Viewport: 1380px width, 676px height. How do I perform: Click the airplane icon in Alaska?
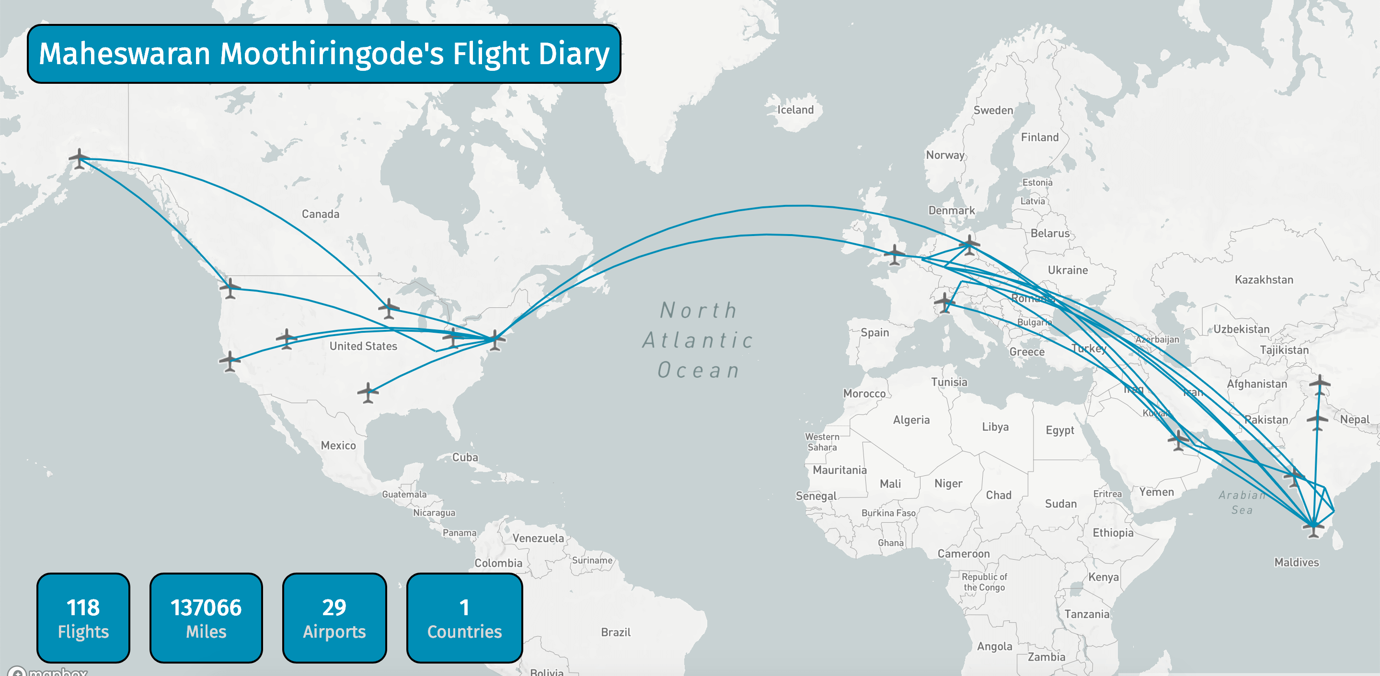pos(79,159)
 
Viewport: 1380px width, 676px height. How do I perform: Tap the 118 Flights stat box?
pos(83,618)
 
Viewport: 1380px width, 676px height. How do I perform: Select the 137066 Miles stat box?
pos(206,618)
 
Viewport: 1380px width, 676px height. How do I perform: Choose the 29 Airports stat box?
pos(334,618)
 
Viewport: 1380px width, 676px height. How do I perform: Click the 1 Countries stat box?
pos(464,618)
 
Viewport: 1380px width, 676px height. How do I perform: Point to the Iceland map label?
pos(795,110)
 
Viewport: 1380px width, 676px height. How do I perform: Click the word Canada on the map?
pos(321,214)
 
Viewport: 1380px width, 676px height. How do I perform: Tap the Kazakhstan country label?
pos(1263,280)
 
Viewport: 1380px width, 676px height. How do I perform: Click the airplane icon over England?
pos(894,254)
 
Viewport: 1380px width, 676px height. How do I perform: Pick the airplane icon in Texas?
pos(368,392)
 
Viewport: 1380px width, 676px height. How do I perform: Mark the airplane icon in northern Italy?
pos(944,303)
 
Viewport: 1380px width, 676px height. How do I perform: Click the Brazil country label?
pos(616,632)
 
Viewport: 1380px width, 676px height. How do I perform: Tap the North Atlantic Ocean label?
pos(699,340)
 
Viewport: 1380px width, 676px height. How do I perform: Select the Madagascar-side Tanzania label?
pos(1086,614)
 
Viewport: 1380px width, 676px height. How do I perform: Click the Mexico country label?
pos(338,445)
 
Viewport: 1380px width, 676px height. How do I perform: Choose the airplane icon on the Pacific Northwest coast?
pos(230,287)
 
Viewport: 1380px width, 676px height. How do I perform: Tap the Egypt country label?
pos(1059,430)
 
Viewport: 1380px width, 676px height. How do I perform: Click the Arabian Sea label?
pos(1242,502)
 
